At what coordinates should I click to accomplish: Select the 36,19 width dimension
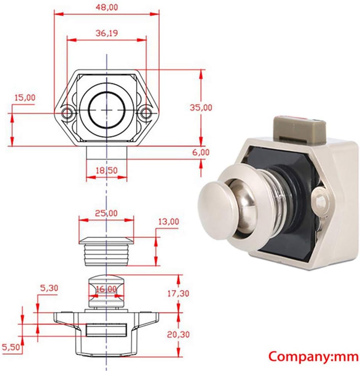pyautogui.click(x=106, y=33)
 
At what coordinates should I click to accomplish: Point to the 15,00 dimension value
pyautogui.click(x=24, y=98)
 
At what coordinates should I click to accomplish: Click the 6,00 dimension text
pyautogui.click(x=201, y=152)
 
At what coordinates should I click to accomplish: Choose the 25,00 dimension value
pyautogui.click(x=106, y=213)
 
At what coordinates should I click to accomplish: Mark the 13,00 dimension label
pyautogui.click(x=168, y=221)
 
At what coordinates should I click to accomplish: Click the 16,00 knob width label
pyautogui.click(x=106, y=289)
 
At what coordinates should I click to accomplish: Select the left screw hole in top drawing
pyautogui.click(x=68, y=113)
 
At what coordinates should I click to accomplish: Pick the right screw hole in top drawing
pyautogui.click(x=145, y=113)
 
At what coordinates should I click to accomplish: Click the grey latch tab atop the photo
pyautogui.click(x=299, y=129)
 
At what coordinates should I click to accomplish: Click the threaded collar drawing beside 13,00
pyautogui.click(x=106, y=251)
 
